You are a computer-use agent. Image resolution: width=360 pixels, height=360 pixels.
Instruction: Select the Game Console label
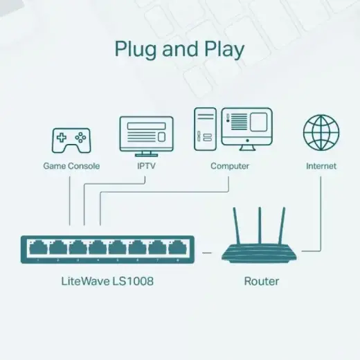point(71,166)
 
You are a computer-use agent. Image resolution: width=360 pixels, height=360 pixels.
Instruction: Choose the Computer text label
point(230,166)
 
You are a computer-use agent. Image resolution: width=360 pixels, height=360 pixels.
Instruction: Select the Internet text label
point(321,166)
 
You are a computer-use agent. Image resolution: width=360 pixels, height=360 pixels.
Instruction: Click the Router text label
point(262,282)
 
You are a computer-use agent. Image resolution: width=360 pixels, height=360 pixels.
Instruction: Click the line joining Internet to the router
point(321,215)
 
